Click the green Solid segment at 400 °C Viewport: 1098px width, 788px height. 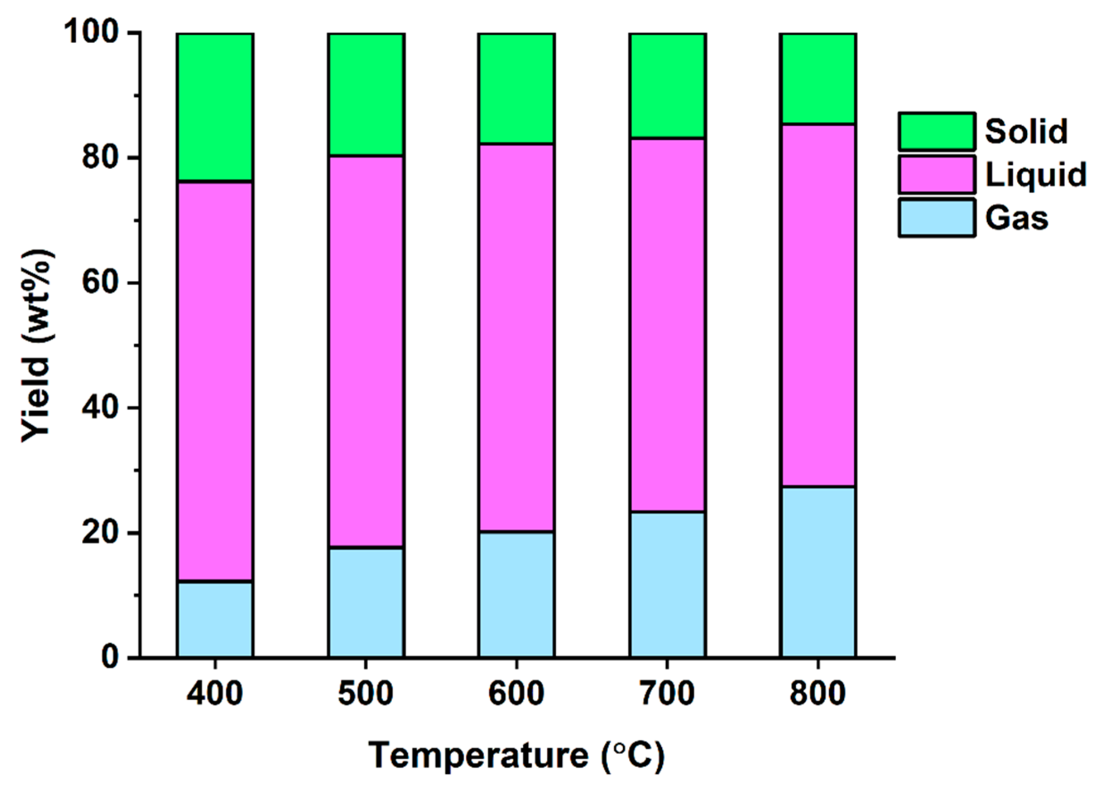215,107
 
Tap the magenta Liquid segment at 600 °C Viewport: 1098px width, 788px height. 516,338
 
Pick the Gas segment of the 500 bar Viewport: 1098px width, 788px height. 366,602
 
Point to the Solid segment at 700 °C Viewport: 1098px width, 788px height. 667,86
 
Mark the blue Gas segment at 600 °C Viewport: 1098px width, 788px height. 516,594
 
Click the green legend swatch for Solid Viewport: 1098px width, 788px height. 936,131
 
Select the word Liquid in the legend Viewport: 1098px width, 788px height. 1036,174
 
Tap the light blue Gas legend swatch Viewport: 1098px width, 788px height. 936,217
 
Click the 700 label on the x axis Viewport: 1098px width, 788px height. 667,693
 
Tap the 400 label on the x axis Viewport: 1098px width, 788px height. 215,693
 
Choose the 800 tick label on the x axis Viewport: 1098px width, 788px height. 817,693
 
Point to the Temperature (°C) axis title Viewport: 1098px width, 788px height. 516,755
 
